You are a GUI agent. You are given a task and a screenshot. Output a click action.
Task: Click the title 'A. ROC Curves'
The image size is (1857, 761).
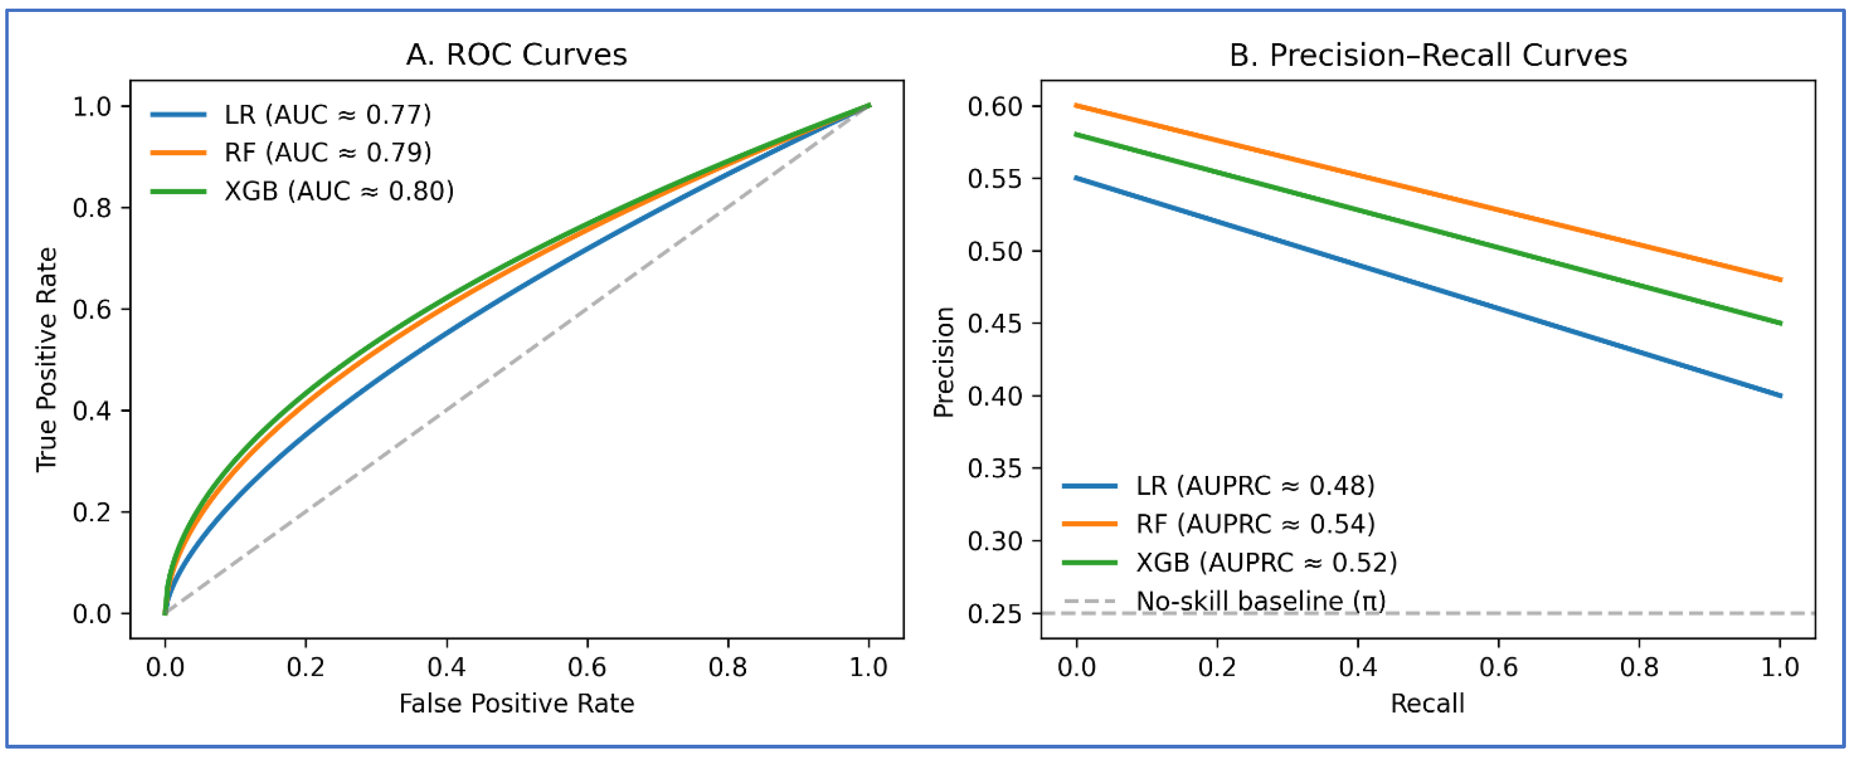coord(516,55)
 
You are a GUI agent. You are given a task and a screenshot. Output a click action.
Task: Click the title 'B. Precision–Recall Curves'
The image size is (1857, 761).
coord(1427,55)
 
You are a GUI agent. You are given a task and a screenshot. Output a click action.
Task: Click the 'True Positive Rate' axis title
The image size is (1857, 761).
coord(46,359)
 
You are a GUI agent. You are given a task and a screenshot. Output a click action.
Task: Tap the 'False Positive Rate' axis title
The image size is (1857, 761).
coord(516,704)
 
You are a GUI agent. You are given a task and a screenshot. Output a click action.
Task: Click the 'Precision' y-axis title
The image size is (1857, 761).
coord(944,362)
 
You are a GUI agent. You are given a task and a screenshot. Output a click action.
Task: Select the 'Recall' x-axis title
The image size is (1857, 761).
coord(1427,704)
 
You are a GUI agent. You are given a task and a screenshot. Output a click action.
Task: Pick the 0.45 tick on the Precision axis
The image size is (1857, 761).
coord(995,324)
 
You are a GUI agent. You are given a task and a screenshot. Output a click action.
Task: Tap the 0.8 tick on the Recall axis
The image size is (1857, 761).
coord(1639,667)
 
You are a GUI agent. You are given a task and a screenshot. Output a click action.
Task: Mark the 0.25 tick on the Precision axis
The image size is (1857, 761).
coord(995,614)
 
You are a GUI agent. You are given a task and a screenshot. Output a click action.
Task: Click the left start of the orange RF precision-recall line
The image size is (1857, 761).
coord(1076,106)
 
